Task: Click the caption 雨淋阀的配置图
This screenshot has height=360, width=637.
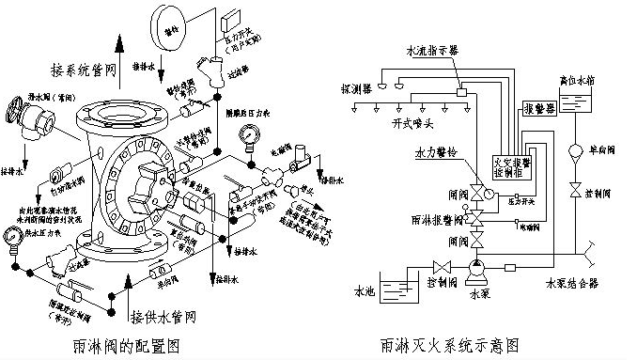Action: (126, 346)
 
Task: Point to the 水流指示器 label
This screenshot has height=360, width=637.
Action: (431, 51)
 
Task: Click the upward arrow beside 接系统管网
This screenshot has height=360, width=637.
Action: (118, 47)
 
